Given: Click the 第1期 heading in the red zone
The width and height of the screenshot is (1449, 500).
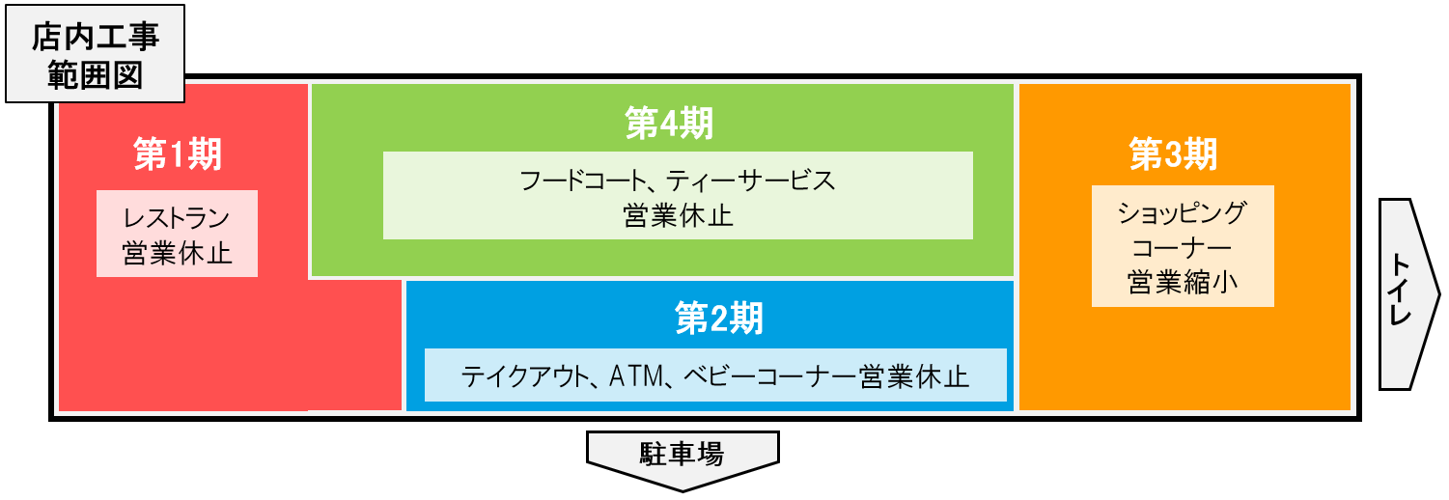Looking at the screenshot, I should [x=178, y=154].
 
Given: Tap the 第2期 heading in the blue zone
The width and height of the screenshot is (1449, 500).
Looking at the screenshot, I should [x=718, y=319].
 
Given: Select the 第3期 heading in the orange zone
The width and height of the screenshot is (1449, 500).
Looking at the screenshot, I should [x=1174, y=153].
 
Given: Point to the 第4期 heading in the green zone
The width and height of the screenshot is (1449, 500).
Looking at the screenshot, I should [x=669, y=123].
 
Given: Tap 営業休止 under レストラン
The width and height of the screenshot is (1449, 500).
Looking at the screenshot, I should [x=178, y=253].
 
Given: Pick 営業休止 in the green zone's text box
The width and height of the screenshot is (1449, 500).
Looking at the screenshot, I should [x=678, y=214].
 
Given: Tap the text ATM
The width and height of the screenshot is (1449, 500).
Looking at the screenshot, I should [x=634, y=375].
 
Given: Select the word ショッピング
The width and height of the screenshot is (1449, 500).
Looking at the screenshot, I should [x=1183, y=211].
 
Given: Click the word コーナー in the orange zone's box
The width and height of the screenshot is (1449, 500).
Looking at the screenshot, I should [x=1183, y=246].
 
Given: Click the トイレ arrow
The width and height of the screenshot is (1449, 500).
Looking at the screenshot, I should [x=1402, y=293].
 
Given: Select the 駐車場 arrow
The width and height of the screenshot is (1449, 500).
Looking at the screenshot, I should [x=682, y=456].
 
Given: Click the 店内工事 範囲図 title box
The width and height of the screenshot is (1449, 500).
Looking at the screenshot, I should [x=95, y=58].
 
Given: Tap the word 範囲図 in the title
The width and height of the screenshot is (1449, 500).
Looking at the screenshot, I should [x=95, y=75].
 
